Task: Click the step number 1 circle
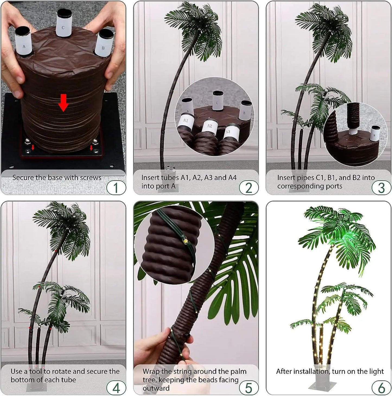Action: tap(116, 188)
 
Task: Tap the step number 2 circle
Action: tap(249, 188)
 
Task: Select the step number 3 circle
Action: tap(381, 188)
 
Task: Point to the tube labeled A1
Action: tap(186, 121)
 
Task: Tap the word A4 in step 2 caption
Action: tap(231, 178)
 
